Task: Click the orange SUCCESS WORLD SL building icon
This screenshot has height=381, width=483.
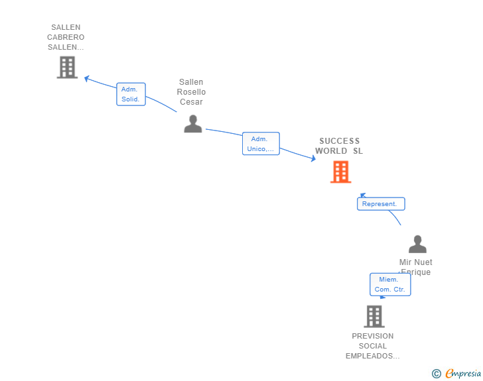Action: point(340,172)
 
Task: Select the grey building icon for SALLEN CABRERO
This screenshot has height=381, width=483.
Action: point(67,67)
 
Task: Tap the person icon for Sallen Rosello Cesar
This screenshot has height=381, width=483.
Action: point(192,123)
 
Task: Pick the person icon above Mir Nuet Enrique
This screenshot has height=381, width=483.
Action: point(417,244)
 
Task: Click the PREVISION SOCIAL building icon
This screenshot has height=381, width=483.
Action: point(374,316)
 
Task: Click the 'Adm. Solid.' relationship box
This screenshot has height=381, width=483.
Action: point(131,94)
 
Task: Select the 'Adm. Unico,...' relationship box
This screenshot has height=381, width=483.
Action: point(261,144)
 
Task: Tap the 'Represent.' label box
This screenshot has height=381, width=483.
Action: point(380,204)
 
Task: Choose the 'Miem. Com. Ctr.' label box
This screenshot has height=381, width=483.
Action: point(390,284)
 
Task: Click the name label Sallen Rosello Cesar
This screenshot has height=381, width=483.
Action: point(191,92)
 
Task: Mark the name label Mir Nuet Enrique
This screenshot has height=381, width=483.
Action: point(416,267)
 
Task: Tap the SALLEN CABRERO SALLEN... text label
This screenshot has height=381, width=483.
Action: point(66,38)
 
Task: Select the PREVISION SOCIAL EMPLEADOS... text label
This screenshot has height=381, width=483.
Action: point(373,346)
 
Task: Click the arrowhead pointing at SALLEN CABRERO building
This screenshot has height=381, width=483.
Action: point(86,78)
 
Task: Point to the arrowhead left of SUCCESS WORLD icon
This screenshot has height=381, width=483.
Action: point(313,158)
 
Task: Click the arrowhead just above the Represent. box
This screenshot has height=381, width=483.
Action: point(362,195)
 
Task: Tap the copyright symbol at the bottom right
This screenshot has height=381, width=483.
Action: point(436,374)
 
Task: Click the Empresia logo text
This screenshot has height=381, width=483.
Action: point(463,374)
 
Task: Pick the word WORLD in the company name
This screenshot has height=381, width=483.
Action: point(331,151)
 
